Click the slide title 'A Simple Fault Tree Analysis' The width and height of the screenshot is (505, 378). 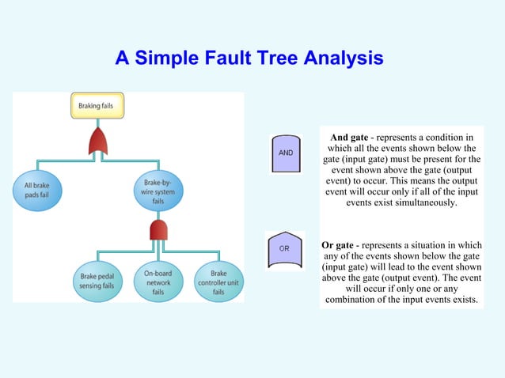point(249,59)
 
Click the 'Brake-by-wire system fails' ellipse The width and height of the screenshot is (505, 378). point(158,190)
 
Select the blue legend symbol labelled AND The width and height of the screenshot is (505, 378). point(286,153)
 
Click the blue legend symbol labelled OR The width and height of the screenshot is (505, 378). point(285,251)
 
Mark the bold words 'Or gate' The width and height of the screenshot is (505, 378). point(337,245)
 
